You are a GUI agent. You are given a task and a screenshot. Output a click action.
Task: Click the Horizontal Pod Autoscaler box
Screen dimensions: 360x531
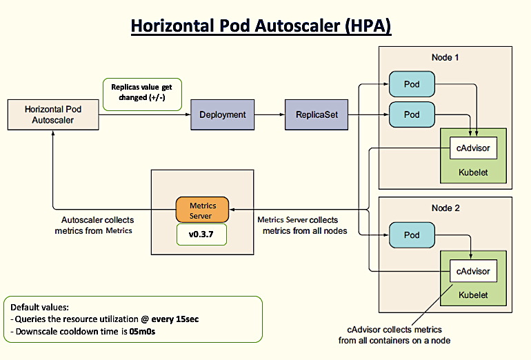pyautogui.click(x=52, y=114)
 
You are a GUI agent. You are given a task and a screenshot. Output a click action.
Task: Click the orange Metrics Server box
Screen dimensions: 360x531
pyautogui.click(x=202, y=210)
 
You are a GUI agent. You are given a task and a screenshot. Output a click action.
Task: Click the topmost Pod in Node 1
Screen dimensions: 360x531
pyautogui.click(x=412, y=83)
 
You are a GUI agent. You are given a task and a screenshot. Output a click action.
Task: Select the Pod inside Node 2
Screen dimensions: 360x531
pyautogui.click(x=412, y=235)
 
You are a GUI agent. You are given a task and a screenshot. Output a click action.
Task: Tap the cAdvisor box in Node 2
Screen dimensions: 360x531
pyautogui.click(x=472, y=271)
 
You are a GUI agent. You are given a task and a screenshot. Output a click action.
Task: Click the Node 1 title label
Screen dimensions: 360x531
pyautogui.click(x=445, y=57)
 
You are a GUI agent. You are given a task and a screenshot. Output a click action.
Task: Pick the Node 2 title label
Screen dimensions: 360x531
pyautogui.click(x=445, y=208)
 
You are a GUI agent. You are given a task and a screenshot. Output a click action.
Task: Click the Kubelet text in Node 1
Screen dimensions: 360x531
pyautogui.click(x=472, y=172)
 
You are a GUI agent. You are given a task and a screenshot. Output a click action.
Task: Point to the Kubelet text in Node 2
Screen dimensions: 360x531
pyautogui.click(x=472, y=294)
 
